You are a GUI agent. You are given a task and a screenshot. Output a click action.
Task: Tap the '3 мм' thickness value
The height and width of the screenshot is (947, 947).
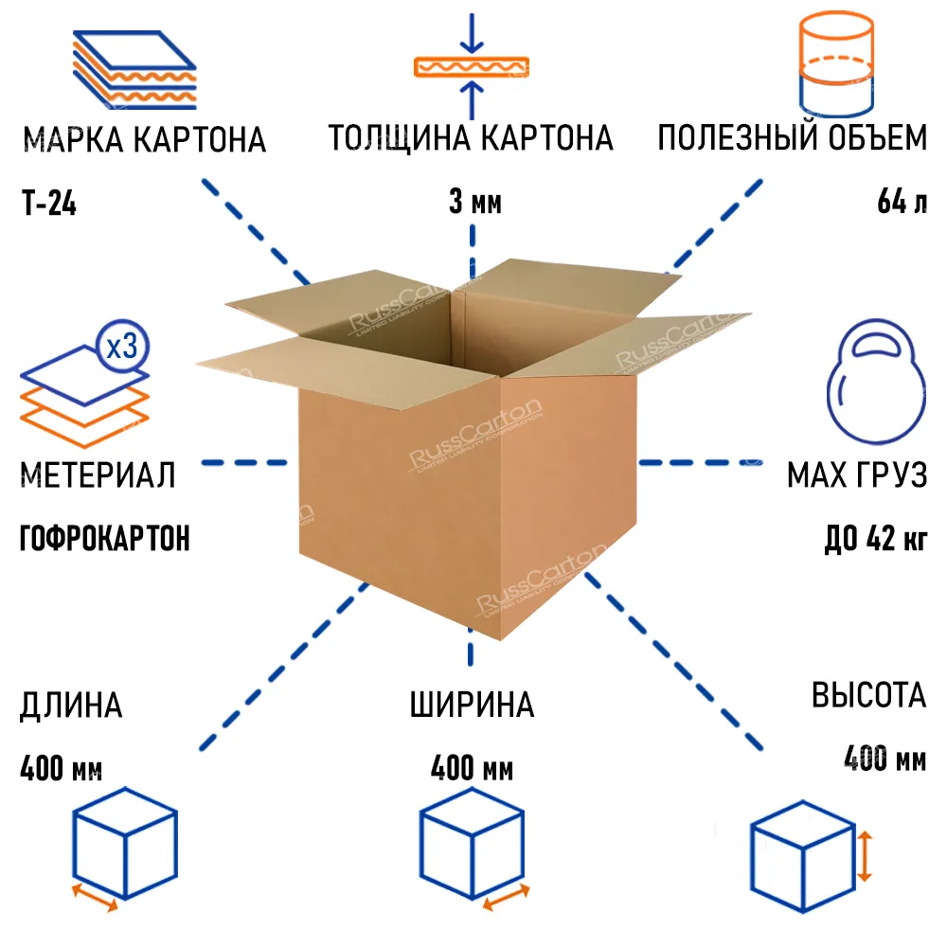(473, 202)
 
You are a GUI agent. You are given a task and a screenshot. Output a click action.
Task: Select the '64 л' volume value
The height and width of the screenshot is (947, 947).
(902, 202)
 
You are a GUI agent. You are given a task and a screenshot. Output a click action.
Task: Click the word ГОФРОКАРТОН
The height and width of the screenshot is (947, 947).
(104, 538)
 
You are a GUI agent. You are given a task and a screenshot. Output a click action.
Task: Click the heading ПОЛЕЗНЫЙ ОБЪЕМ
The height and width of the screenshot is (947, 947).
(793, 138)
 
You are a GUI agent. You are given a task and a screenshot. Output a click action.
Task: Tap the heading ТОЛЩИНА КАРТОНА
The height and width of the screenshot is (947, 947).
(471, 138)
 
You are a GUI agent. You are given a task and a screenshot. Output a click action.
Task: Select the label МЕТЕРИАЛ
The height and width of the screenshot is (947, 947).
(98, 474)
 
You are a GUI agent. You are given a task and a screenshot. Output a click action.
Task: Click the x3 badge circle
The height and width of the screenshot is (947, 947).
(122, 347)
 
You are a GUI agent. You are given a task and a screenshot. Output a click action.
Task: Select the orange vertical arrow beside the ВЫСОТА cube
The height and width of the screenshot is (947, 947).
(865, 855)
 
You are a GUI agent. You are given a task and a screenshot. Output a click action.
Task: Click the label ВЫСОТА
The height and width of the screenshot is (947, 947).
(868, 696)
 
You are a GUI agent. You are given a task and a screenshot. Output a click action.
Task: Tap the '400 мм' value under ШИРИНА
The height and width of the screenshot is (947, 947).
(472, 768)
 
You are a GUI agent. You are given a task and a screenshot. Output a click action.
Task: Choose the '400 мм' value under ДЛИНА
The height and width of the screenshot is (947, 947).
(61, 768)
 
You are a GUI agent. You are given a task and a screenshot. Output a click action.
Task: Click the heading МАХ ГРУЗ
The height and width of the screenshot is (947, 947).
(856, 474)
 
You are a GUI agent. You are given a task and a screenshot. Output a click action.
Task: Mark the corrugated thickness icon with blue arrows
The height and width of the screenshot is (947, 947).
(471, 67)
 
